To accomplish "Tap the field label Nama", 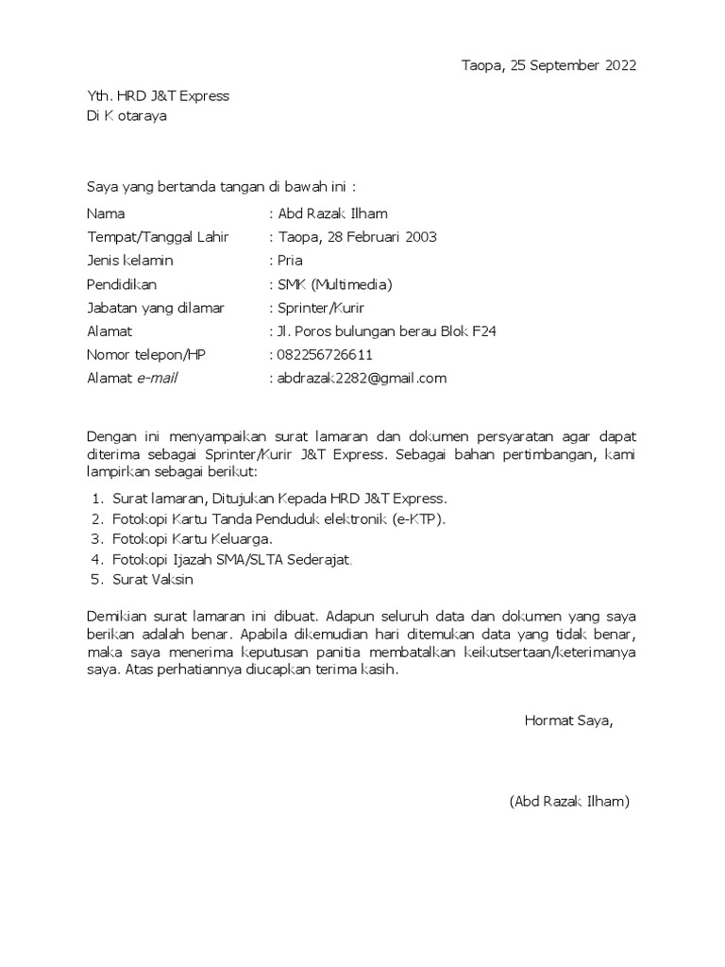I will pyautogui.click(x=106, y=213).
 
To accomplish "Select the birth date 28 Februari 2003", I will pyautogui.click(x=381, y=237).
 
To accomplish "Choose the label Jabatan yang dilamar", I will pyautogui.click(x=162, y=308).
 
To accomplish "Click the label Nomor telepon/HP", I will pyautogui.click(x=145, y=355).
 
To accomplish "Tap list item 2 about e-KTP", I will pyautogui.click(x=278, y=518).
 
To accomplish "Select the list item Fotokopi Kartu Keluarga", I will pyautogui.click(x=193, y=538).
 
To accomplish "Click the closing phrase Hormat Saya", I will pyautogui.click(x=568, y=721).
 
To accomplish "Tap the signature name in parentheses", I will pyautogui.click(x=569, y=802).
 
